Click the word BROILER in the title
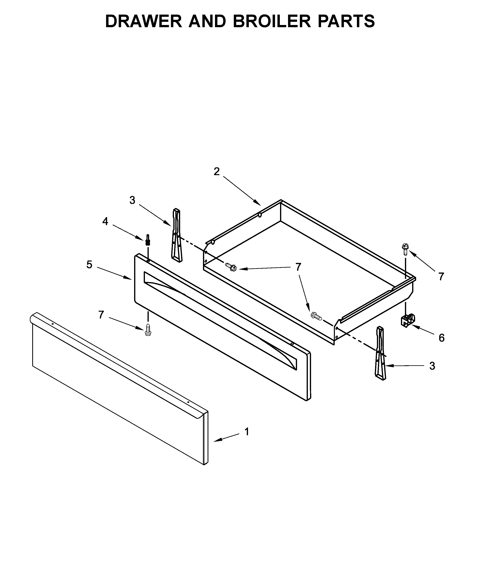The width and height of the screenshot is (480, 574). (x=272, y=21)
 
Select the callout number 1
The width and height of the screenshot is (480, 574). (x=247, y=432)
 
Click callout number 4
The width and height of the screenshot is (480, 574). (x=105, y=221)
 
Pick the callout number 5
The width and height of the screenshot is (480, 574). (x=89, y=265)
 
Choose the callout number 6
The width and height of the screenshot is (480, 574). (x=441, y=338)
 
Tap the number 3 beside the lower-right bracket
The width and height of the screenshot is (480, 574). (x=432, y=366)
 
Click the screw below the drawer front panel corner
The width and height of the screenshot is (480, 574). (x=148, y=330)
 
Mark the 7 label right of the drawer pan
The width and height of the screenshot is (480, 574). (x=441, y=277)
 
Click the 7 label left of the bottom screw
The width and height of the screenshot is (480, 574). (x=101, y=315)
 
